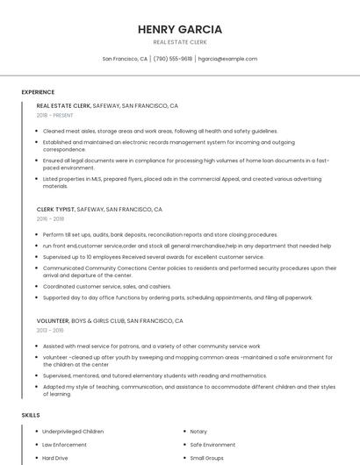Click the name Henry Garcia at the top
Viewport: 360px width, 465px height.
(180, 29)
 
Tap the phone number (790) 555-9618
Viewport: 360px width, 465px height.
(173, 59)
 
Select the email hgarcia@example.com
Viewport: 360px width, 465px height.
(227, 59)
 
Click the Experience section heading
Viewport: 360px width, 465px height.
(38, 92)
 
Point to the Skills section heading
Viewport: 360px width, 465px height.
(30, 414)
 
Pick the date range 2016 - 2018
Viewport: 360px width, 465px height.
(50, 219)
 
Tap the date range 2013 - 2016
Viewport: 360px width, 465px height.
(50, 331)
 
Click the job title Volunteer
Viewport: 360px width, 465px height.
(53, 321)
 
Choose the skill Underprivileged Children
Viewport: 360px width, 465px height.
(73, 432)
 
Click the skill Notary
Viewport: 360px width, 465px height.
(198, 432)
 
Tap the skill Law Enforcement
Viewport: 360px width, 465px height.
(64, 445)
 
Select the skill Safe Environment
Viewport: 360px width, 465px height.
(212, 445)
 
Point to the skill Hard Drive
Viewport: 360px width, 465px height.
(55, 458)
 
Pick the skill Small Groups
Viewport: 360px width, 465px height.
(207, 458)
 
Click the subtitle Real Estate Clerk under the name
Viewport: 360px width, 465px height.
(180, 42)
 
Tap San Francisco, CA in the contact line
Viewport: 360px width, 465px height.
(125, 59)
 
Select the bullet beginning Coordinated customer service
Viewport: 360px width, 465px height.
(106, 286)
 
